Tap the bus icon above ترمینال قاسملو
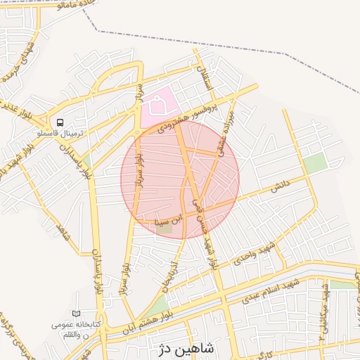[x=60, y=121]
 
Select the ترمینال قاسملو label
[x=60, y=132]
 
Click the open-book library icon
[x=76, y=314]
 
